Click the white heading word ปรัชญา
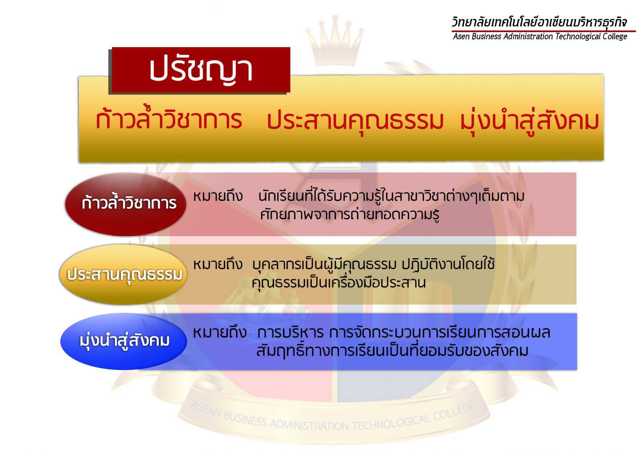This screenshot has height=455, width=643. click(201, 70)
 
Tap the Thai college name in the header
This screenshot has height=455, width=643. click(539, 23)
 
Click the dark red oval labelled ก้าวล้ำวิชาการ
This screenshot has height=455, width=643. click(125, 204)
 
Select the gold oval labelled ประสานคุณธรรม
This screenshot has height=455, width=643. click(123, 274)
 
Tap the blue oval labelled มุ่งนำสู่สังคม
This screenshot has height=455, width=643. click(123, 341)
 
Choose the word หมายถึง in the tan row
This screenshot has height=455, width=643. click(218, 264)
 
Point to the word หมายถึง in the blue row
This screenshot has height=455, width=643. click(220, 333)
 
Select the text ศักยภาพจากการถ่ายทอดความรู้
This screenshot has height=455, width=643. click(350, 214)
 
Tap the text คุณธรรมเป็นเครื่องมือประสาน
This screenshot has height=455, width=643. click(338, 283)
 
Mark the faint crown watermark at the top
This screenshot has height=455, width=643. click(335, 40)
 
